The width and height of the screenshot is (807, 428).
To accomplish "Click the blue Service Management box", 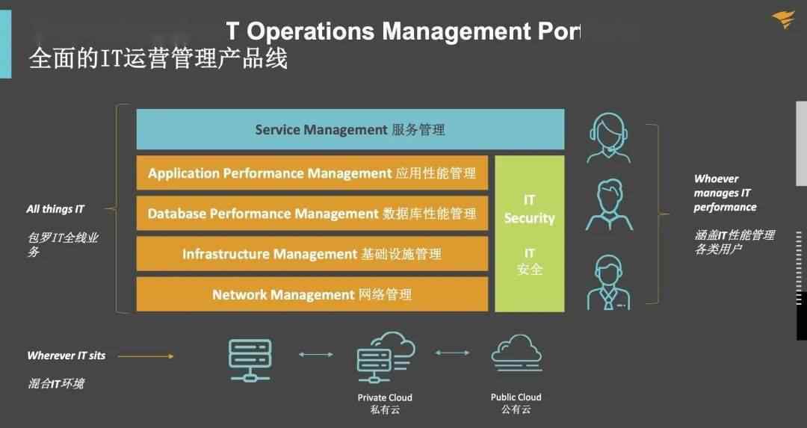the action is click(x=350, y=129).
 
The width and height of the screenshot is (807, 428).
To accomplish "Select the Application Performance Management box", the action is click(x=312, y=173).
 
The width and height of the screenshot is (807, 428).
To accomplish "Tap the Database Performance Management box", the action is click(x=312, y=213).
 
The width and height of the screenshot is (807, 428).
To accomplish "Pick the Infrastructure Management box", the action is click(x=312, y=254).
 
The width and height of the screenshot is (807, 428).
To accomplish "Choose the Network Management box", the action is click(x=312, y=294).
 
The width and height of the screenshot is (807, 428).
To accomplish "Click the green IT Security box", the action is click(x=530, y=234).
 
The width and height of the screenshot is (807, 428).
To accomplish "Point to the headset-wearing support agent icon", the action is click(x=609, y=138).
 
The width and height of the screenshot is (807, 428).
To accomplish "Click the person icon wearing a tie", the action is click(x=609, y=282).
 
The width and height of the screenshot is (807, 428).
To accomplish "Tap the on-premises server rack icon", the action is click(x=250, y=360).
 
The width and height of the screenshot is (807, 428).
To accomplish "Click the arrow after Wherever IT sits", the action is click(x=146, y=356).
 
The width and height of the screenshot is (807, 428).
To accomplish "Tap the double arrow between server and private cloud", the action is click(x=316, y=354).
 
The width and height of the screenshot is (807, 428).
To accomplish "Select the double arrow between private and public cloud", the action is click(x=452, y=353).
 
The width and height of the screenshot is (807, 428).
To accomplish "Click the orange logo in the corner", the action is click(x=783, y=19).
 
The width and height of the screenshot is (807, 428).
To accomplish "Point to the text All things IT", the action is click(x=55, y=209).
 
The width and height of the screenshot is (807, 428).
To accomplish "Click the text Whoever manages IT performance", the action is click(x=725, y=193).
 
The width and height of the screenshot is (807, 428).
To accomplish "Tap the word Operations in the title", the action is click(x=311, y=32).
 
